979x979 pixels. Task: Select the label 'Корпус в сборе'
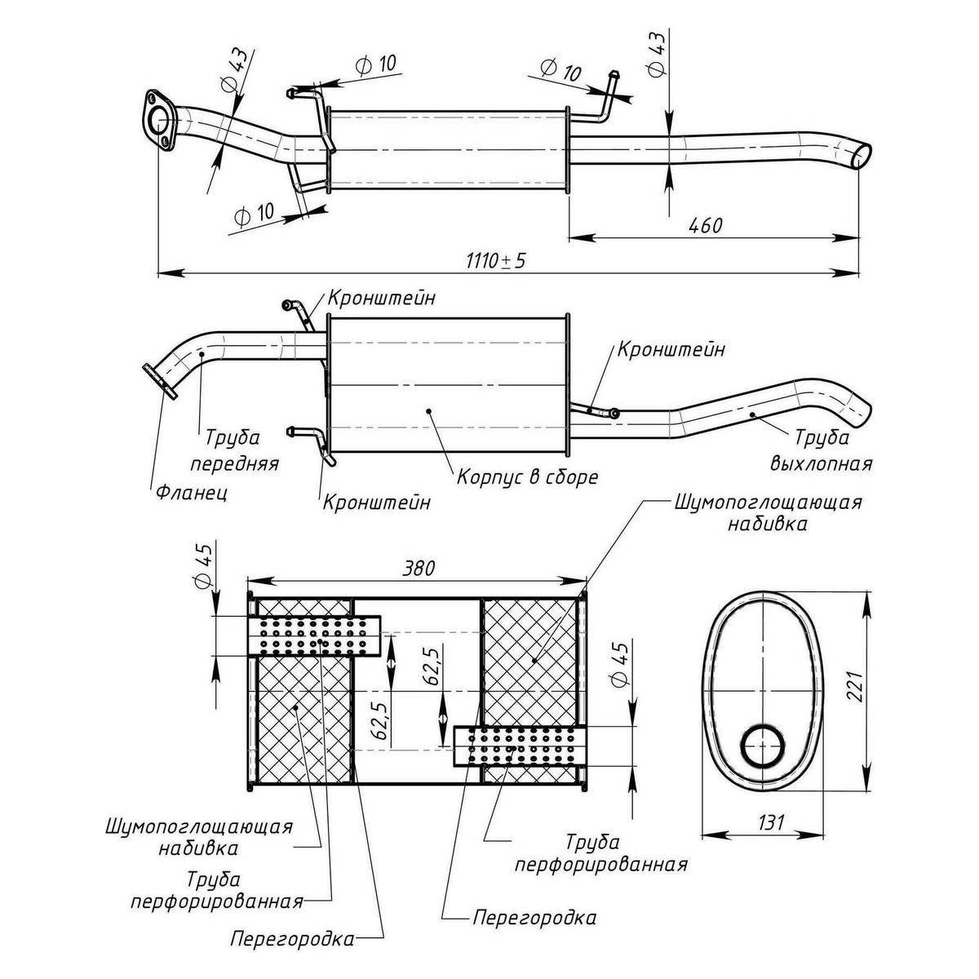pyautogui.click(x=527, y=476)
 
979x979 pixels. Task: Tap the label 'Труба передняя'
pyautogui.click(x=235, y=450)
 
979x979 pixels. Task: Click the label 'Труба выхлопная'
pyautogui.click(x=821, y=450)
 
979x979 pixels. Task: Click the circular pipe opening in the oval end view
pyautogui.click(x=764, y=746)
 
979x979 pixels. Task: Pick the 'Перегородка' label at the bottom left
pyautogui.click(x=292, y=938)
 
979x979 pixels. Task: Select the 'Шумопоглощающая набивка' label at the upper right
pyautogui.click(x=768, y=512)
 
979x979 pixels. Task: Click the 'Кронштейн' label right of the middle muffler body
pyautogui.click(x=671, y=350)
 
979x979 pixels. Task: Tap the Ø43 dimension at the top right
pyautogui.click(x=658, y=53)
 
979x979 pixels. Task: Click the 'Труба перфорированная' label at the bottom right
pyautogui.click(x=601, y=853)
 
